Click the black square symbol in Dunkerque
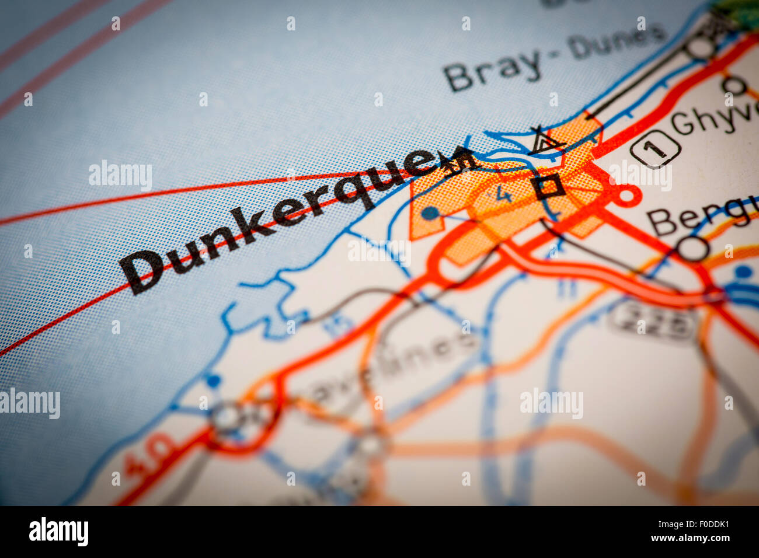click(x=548, y=186)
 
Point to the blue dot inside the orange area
click(x=430, y=214)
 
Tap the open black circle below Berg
click(x=692, y=248)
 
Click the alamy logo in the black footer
click(x=58, y=532)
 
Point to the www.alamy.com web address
click(x=690, y=538)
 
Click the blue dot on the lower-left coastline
click(x=213, y=381)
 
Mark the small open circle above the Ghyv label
click(x=734, y=86)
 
